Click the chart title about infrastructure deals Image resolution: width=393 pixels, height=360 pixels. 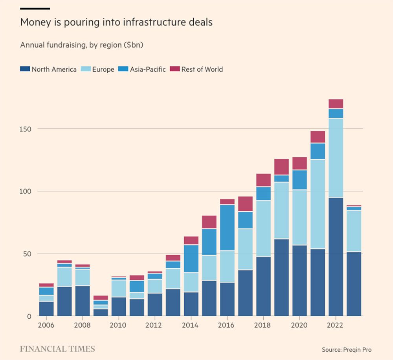pos(116,22)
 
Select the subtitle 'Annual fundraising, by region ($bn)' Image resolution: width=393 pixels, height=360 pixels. pos(82,45)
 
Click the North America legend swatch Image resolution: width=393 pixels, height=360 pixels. pos(25,69)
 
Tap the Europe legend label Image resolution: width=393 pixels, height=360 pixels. pos(103,69)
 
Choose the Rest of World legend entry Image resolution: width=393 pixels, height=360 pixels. pos(202,69)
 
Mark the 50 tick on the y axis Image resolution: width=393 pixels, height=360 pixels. pos(28,254)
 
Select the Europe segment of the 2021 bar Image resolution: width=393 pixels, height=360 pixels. pos(318,204)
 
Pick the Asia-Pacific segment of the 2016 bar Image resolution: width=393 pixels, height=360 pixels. pos(227,227)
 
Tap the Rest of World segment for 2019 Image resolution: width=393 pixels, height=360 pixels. pos(281,166)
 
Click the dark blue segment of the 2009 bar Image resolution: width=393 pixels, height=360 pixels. pos(101,312)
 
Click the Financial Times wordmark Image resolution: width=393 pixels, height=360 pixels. pos(57,349)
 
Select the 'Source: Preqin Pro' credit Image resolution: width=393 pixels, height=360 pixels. pos(346,350)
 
